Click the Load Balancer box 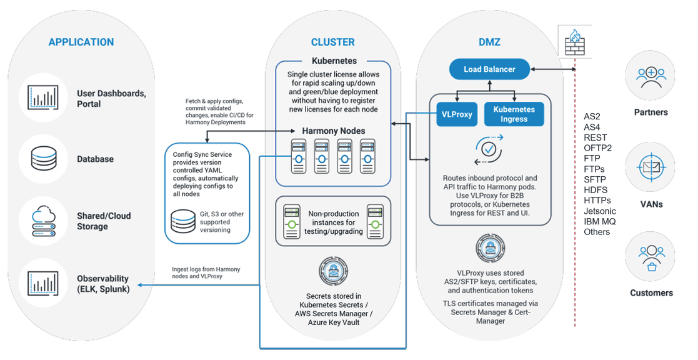489,69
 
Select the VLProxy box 457,114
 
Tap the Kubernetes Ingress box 514,114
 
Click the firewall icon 574,42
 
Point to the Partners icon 651,76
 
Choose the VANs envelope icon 651,167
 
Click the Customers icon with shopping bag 651,257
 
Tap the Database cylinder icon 44,158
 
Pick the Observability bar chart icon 42,284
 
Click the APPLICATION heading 81,42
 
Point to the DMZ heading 489,42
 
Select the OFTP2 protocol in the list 597,147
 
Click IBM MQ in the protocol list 600,221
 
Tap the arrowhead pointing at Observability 140,285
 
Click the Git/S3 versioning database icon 183,222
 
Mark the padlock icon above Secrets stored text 334,271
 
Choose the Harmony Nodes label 334,131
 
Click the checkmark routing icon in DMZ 489,149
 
